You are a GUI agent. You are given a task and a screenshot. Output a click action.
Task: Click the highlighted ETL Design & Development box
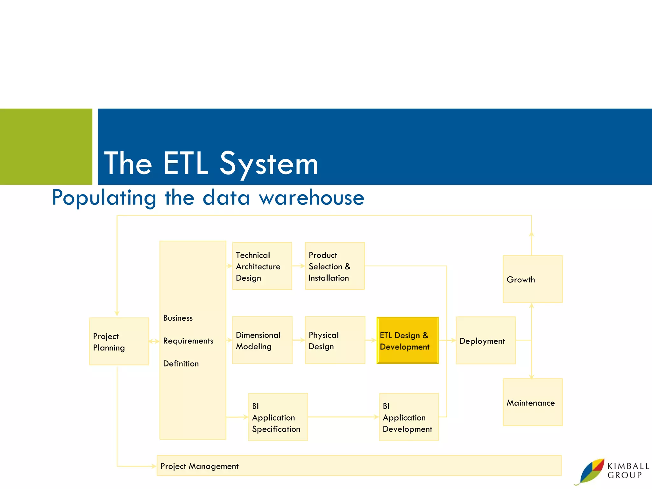[x=407, y=340]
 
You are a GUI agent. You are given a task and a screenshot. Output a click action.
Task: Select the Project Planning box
[x=119, y=341]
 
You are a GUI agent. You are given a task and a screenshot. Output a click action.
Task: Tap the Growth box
[x=533, y=279]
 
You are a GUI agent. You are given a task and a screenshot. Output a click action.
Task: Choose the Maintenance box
[x=533, y=402]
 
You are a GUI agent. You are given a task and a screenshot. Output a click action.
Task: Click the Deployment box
[x=485, y=340]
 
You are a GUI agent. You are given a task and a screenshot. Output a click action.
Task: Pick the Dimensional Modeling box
[x=262, y=340]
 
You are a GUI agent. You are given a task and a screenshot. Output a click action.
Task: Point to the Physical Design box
[x=335, y=340]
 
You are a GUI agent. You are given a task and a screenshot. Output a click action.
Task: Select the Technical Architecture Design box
[x=262, y=266]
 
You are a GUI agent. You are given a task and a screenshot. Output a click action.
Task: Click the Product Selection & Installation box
[x=335, y=266]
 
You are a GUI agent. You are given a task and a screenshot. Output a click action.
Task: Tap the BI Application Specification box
[x=278, y=417]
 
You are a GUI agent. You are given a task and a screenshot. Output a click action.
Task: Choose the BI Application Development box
[x=409, y=417]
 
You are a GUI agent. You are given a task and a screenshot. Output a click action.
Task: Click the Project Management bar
[x=359, y=466]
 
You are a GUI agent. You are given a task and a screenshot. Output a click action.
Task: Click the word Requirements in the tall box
[x=188, y=341]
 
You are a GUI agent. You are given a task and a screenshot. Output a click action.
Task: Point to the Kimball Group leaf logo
[x=592, y=471]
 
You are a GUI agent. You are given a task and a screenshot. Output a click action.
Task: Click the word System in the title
[x=269, y=164]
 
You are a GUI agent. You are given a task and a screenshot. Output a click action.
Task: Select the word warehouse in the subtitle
[x=311, y=198]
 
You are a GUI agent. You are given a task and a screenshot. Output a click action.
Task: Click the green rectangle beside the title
[x=46, y=146]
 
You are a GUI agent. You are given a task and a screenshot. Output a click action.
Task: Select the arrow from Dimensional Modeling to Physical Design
[x=299, y=340]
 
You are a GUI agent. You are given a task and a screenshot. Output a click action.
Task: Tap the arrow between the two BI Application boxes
[x=343, y=417]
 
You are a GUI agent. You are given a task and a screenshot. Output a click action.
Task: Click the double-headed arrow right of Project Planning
[x=154, y=341]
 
